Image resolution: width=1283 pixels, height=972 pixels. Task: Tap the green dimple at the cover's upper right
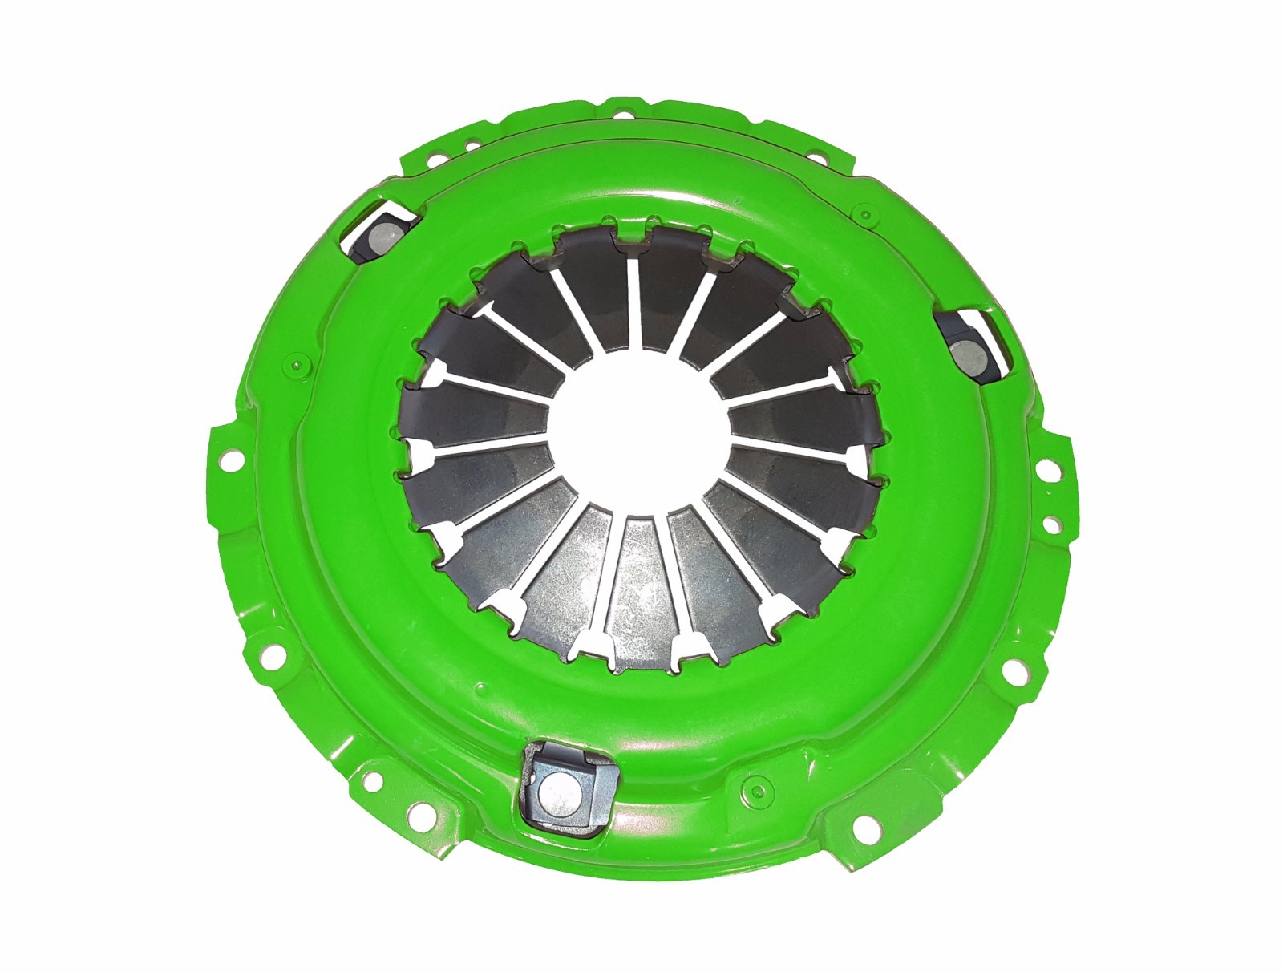pos(864,213)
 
